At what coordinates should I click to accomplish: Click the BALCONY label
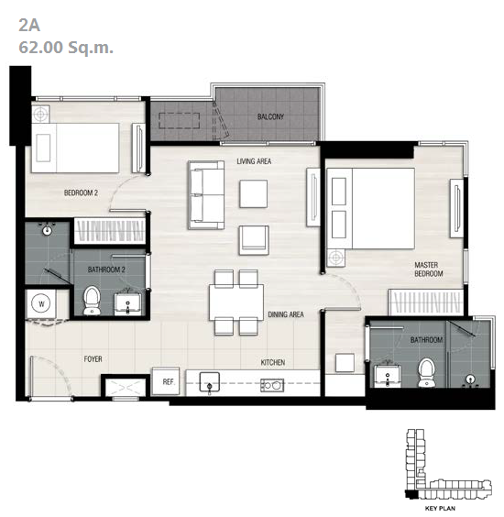[x=270, y=116]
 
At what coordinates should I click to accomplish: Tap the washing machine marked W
[x=41, y=303]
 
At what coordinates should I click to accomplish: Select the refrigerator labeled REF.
[x=166, y=381]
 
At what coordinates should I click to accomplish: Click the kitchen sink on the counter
[x=210, y=382]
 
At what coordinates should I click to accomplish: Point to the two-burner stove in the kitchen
[x=272, y=385]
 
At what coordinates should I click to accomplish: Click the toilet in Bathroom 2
[x=92, y=301]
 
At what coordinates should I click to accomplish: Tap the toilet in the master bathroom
[x=426, y=372]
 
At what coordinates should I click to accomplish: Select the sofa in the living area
[x=206, y=195]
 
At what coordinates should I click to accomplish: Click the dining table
[x=236, y=302]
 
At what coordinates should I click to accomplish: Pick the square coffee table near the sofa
[x=254, y=194]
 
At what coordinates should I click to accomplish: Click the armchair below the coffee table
[x=254, y=240]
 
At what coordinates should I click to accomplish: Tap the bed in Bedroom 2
[x=75, y=148]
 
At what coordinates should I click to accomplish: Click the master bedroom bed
[x=370, y=208]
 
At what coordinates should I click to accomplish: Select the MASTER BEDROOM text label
[x=429, y=269]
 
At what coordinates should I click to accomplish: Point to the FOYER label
[x=93, y=358]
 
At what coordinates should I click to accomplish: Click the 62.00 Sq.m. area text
[x=66, y=47]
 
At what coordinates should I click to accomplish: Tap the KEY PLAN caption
[x=440, y=508]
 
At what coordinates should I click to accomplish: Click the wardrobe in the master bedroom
[x=426, y=302]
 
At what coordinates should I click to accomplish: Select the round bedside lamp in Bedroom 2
[x=40, y=114]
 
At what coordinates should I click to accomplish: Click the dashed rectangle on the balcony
[x=179, y=120]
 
